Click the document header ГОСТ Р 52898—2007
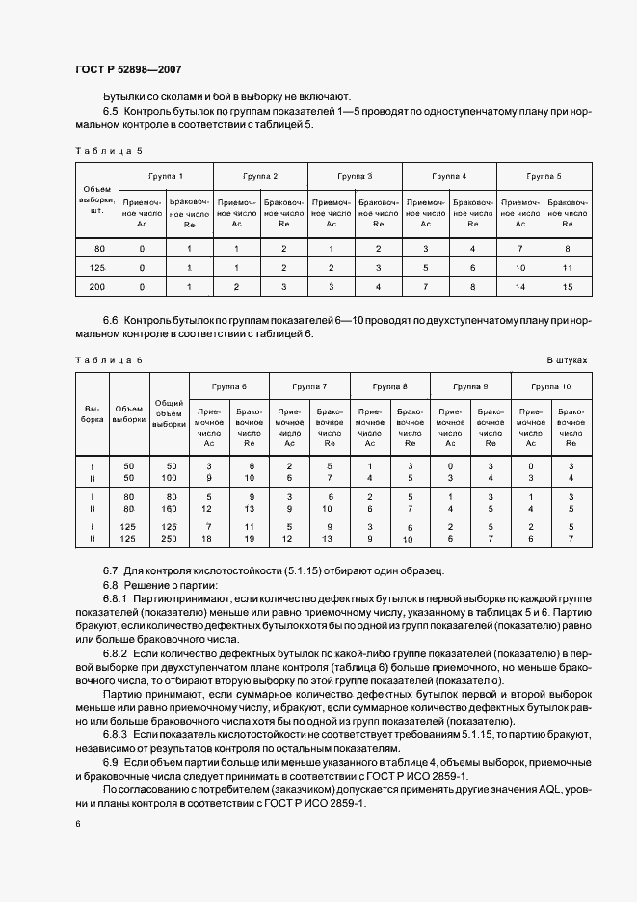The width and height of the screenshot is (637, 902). click(128, 70)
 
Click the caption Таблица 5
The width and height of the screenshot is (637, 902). click(108, 151)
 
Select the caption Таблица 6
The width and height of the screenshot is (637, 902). click(108, 359)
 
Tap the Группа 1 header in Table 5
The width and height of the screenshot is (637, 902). click(166, 177)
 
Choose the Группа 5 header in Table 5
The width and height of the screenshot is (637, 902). click(544, 177)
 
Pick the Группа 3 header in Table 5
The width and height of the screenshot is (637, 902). click(355, 177)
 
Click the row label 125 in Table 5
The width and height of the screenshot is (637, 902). click(96, 267)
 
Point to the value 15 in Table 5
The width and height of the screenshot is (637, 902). click(567, 286)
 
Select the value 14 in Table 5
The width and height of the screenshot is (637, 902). click(519, 286)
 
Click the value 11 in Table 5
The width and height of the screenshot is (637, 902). click(567, 267)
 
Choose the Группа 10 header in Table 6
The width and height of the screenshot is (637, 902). click(550, 385)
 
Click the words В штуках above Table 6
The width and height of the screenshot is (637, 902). click(567, 359)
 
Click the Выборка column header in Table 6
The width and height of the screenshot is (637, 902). click(93, 413)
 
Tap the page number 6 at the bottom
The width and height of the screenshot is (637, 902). click(77, 822)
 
